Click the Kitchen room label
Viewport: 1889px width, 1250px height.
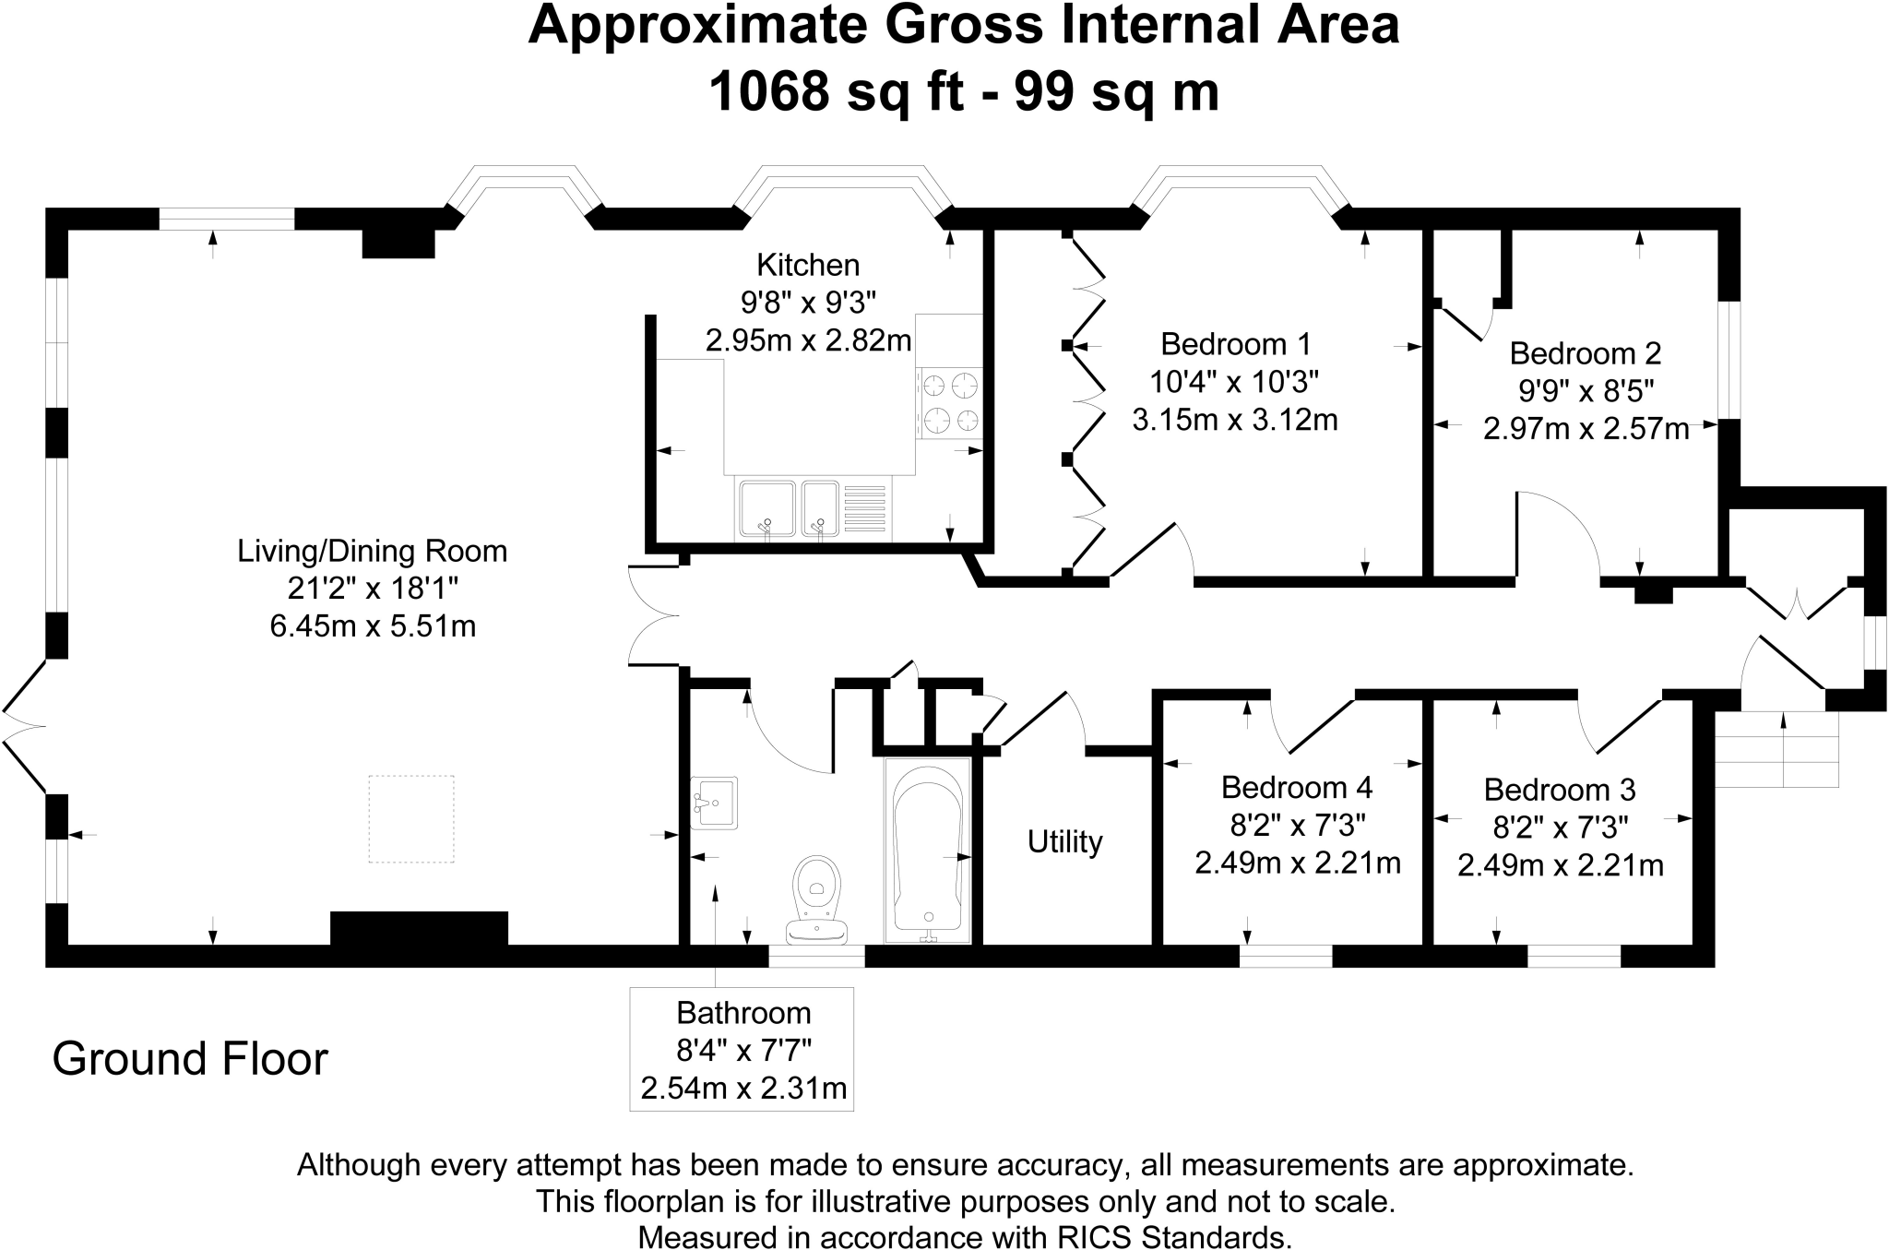[808, 266]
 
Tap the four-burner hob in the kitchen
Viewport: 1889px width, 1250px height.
[950, 402]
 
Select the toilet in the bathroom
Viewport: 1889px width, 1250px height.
[816, 899]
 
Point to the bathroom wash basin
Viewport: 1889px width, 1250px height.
[713, 802]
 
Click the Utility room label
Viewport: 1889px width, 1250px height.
[1065, 842]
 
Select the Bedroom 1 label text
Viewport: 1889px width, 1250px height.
[1235, 344]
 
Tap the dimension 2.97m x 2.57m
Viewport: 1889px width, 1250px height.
[1586, 429]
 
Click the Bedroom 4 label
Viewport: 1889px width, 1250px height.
[1297, 787]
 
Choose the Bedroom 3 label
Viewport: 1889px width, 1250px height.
[1560, 790]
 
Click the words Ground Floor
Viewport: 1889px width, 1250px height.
[190, 1059]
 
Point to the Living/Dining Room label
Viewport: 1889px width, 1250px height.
[373, 552]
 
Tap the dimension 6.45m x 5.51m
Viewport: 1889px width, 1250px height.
[373, 626]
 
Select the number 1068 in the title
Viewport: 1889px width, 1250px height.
[768, 92]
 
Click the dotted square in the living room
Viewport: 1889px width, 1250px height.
[411, 819]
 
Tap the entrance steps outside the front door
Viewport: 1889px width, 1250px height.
[1776, 748]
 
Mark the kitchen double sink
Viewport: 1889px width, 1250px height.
[789, 508]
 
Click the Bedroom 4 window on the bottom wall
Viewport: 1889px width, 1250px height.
[1285, 957]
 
